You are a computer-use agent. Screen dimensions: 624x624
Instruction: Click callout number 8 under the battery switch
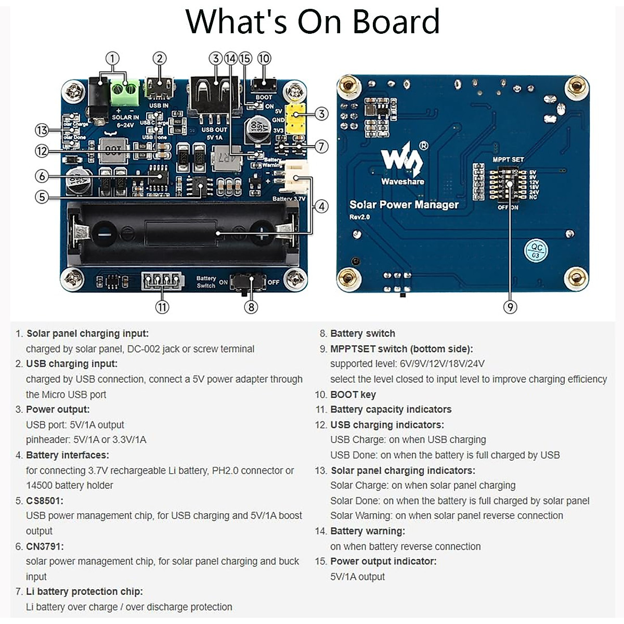tap(251, 307)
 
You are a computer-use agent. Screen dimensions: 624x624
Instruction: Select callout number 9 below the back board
tap(510, 307)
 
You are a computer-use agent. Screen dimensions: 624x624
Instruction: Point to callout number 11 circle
tap(162, 307)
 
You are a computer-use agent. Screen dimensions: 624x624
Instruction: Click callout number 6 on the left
tap(42, 176)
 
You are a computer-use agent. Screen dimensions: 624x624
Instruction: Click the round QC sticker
tap(536, 251)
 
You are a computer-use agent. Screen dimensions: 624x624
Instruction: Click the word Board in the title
tap(396, 22)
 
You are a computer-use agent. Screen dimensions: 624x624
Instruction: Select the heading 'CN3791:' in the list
tap(45, 546)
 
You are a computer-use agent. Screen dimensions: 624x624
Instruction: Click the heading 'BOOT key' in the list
tap(353, 394)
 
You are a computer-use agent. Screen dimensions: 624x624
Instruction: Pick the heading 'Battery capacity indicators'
tap(391, 409)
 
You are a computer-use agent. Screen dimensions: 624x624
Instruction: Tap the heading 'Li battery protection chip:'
tap(84, 591)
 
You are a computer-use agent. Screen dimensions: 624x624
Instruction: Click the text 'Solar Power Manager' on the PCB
tap(404, 204)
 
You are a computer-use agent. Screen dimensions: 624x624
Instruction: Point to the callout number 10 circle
tap(264, 58)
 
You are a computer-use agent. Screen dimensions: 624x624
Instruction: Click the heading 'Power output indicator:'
tap(383, 561)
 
